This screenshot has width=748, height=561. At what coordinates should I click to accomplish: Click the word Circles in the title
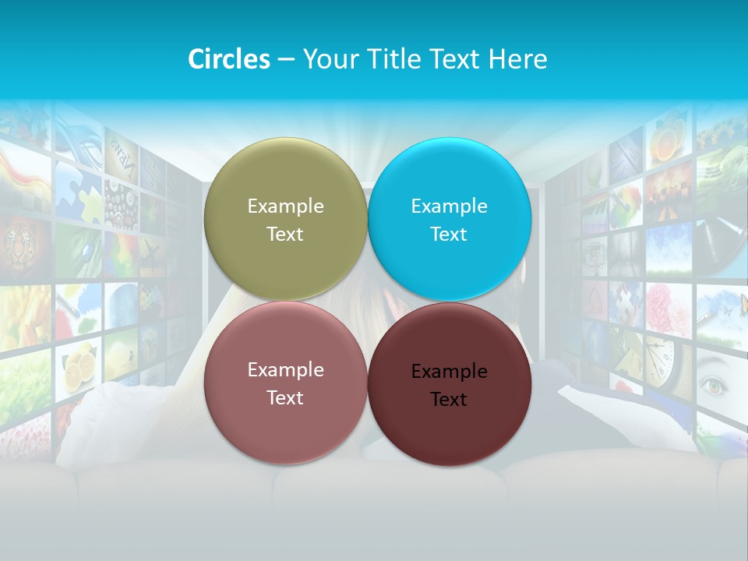(x=228, y=59)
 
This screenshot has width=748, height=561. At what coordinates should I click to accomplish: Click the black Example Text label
(x=449, y=385)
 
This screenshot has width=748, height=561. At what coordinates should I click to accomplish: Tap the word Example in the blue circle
(x=449, y=206)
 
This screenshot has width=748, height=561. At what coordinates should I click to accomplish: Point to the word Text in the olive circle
(x=285, y=235)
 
